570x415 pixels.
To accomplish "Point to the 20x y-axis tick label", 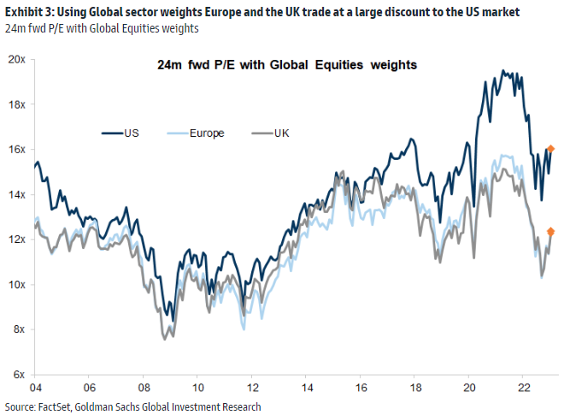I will point(16,59).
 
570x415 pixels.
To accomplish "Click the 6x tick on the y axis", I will point(19,375).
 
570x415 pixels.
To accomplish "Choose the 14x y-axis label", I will point(16,194).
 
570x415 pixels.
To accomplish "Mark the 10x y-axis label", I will point(16,284).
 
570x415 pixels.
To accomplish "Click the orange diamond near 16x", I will point(550,149).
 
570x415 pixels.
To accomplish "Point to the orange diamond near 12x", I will point(551,231).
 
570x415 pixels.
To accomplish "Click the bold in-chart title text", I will point(288,64).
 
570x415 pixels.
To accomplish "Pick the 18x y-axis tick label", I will point(16,104).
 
